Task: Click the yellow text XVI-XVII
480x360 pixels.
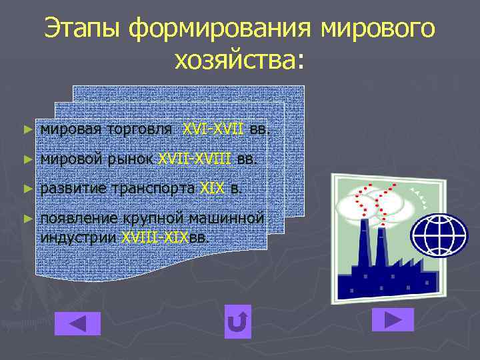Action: click(x=213, y=128)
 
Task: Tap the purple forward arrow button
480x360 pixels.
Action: click(x=394, y=319)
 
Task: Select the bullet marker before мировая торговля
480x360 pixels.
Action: click(x=27, y=128)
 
